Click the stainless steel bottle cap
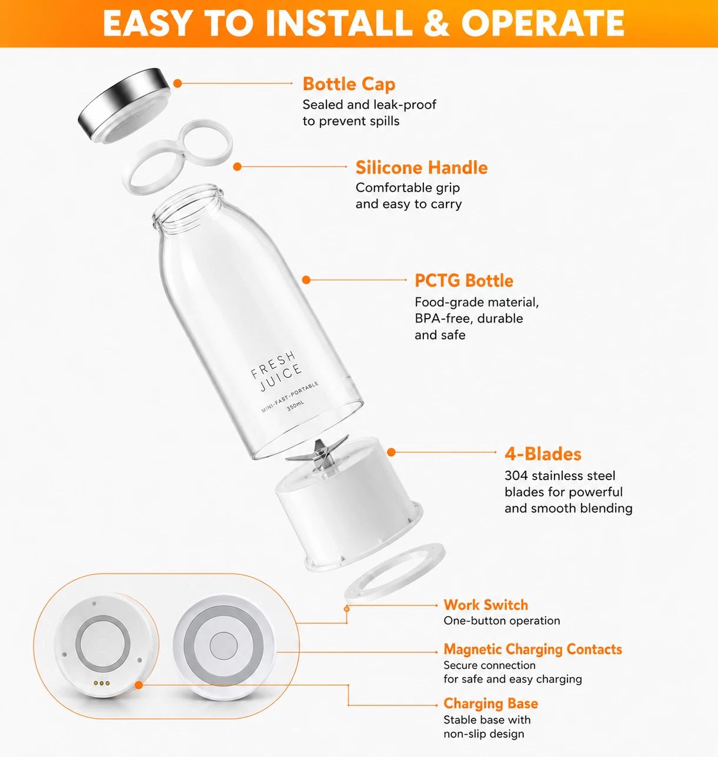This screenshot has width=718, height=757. pos(124,103)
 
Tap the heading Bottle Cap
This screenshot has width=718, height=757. pos(349,84)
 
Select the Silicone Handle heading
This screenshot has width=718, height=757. pos(421,168)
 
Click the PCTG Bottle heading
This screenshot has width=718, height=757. pos(463,281)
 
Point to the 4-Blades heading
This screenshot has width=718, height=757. pos(543,454)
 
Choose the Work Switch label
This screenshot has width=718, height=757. pos(486,605)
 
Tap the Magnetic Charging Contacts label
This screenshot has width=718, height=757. pos(533,649)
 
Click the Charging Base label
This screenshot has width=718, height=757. pos(490,704)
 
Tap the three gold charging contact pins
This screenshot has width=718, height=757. pos(101,683)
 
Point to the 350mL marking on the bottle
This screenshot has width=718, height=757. pos(295,406)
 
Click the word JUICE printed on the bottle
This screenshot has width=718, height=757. pos(280,378)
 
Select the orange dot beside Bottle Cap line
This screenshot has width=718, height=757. pos(177,83)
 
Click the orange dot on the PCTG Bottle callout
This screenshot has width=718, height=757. pos(306,280)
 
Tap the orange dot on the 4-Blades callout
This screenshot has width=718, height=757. pos(391,452)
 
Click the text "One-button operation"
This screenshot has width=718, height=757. pos(502,621)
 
